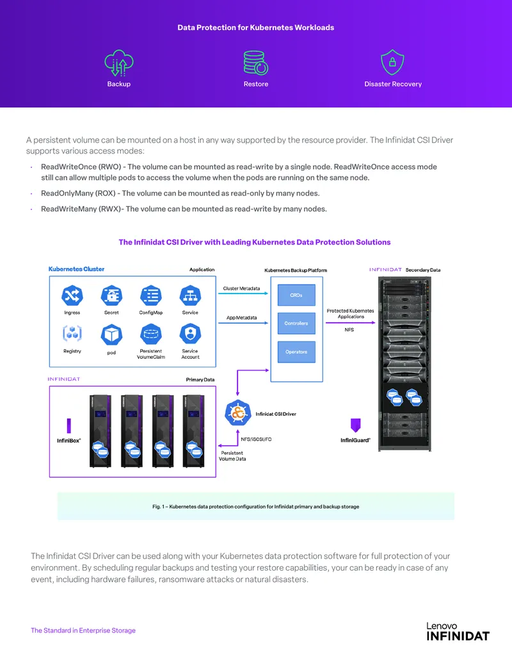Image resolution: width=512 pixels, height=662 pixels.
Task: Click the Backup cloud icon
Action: point(118,63)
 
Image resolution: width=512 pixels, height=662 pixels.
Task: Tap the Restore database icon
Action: point(255,63)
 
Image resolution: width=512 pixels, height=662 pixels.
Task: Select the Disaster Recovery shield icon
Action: point(392,62)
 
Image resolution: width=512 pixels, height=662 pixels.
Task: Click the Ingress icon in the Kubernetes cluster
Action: point(72,296)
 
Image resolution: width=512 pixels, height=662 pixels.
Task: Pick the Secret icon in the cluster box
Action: point(111,296)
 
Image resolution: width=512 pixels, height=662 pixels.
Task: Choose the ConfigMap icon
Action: point(151,296)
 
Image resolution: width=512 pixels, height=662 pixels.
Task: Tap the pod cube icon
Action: point(111,335)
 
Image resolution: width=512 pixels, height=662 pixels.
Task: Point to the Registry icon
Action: point(72,333)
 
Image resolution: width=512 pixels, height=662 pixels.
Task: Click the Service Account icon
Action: point(190,334)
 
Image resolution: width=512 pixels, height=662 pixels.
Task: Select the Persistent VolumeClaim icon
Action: point(151,334)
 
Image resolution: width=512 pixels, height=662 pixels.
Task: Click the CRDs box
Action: point(296,295)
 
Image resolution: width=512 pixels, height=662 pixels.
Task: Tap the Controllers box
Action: point(296,324)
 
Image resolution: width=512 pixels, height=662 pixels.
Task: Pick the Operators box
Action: point(296,352)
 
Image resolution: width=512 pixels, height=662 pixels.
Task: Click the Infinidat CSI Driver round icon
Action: point(238,413)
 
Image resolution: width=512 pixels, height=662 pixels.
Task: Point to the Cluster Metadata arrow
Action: point(243,294)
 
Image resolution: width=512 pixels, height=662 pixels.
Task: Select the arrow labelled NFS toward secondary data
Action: point(351,322)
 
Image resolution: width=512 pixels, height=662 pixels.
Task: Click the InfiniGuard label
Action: point(355,440)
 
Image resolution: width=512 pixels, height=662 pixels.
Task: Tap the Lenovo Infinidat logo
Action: point(458,631)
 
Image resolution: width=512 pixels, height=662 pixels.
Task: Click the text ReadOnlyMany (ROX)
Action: point(78,193)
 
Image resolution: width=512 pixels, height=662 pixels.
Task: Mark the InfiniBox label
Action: point(69,441)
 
